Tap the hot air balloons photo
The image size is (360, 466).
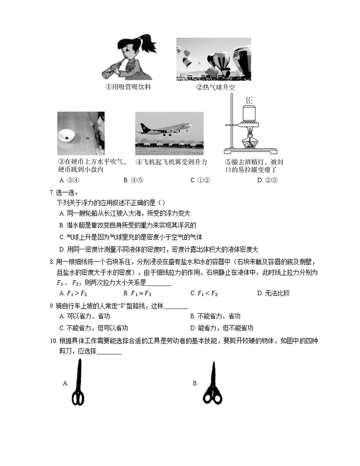coord(214,59)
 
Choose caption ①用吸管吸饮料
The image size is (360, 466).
coord(128,87)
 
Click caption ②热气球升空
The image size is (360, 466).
coord(215,87)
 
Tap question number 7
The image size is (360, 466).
coord(51,191)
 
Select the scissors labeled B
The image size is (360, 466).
coord(212,383)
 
